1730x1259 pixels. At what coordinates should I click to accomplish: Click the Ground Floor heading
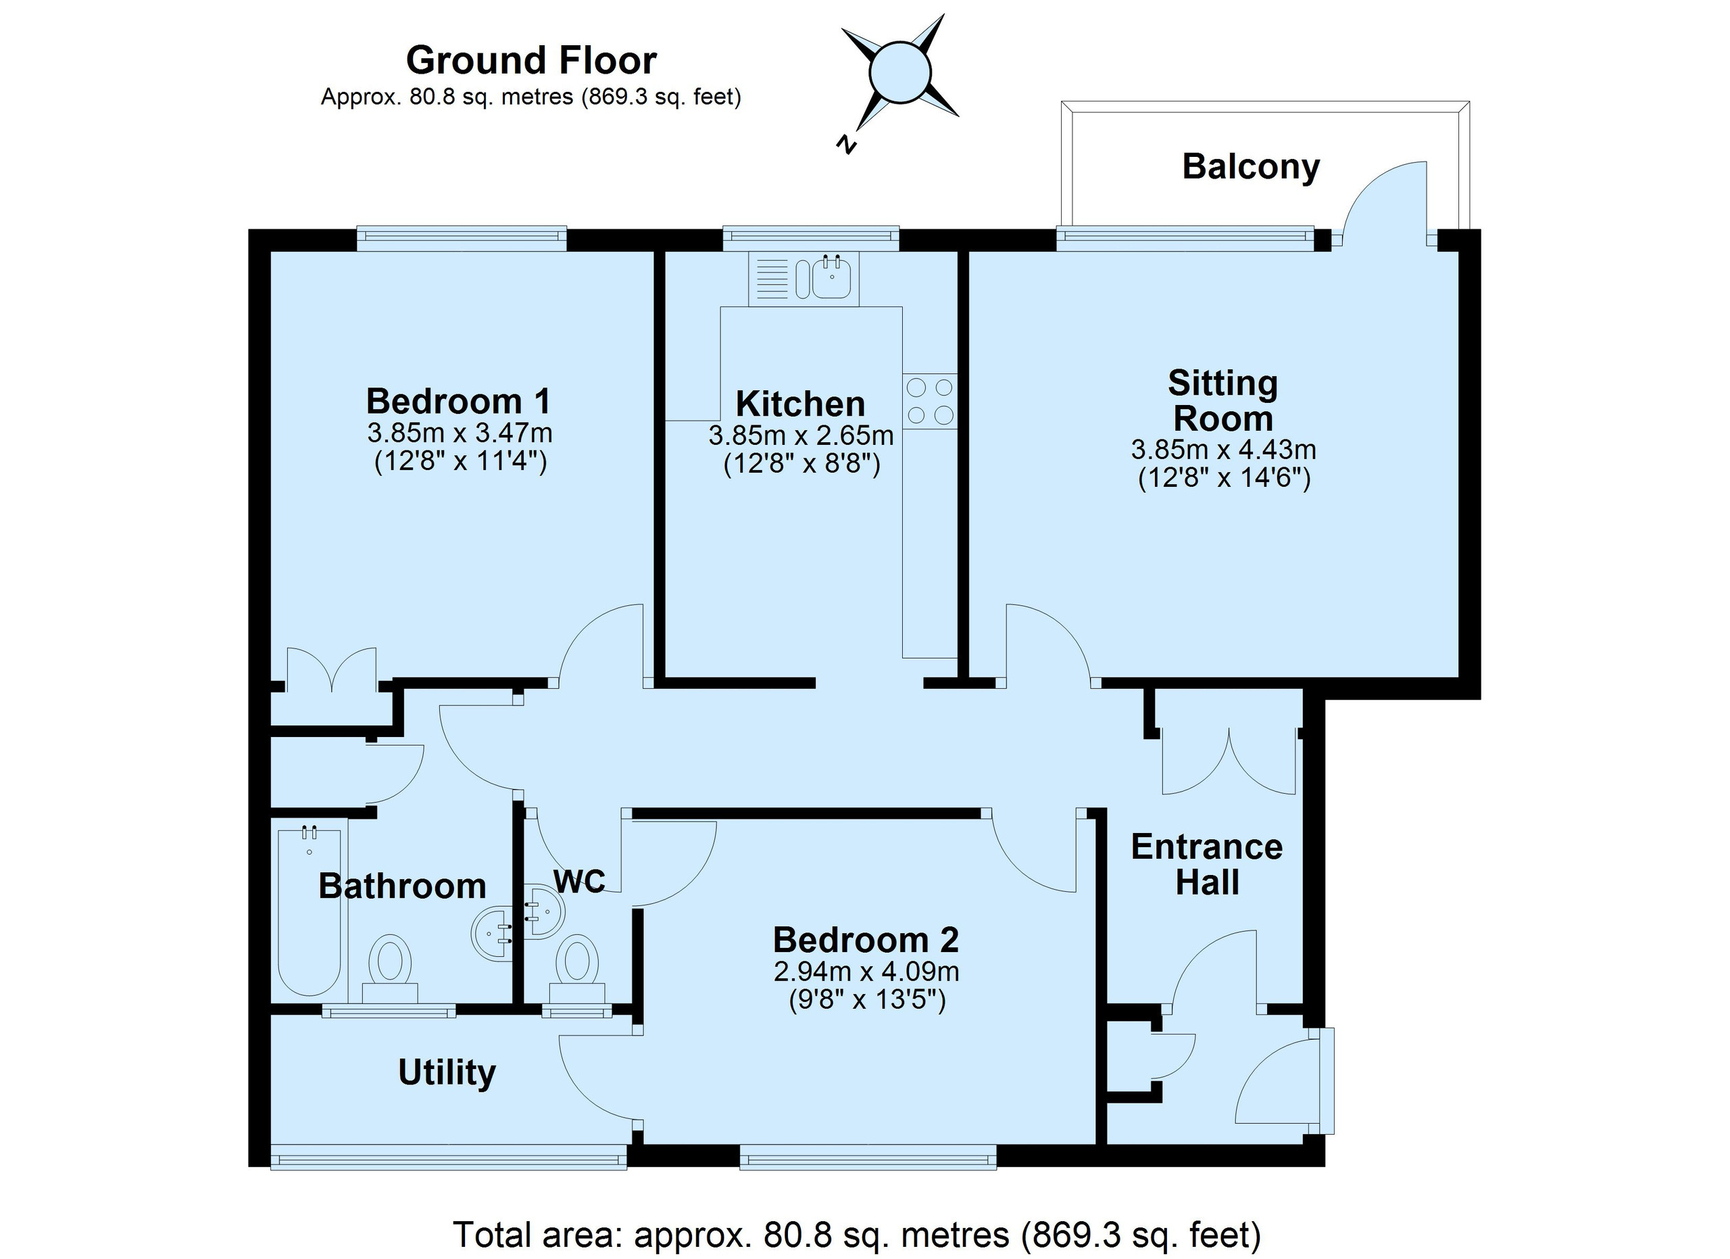[x=531, y=60]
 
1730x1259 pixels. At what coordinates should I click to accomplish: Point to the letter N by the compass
[x=846, y=144]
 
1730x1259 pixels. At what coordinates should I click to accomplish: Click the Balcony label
[x=1251, y=167]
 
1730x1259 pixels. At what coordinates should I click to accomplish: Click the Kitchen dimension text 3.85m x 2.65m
[x=801, y=435]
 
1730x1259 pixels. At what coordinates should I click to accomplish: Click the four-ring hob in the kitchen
[x=930, y=402]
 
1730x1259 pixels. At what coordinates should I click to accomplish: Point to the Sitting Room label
[x=1222, y=400]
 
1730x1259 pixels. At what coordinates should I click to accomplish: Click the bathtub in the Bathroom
[x=310, y=909]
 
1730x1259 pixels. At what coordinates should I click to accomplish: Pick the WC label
[x=580, y=881]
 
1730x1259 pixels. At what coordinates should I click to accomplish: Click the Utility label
[x=447, y=1073]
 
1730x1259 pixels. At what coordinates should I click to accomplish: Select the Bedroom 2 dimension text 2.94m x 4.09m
[x=866, y=972]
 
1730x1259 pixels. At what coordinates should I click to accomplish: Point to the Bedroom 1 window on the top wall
[x=462, y=238]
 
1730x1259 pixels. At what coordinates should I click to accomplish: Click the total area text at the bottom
[x=858, y=1235]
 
